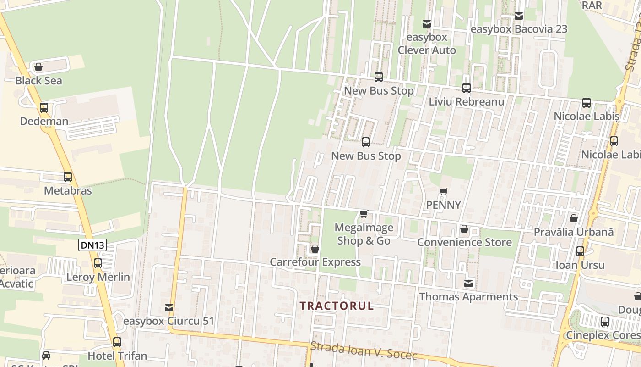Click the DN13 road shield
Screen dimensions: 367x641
click(x=92, y=245)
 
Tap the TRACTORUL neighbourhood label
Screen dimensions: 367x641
click(x=337, y=306)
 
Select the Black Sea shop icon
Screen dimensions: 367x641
click(x=38, y=67)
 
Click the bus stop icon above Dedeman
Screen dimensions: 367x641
click(x=44, y=108)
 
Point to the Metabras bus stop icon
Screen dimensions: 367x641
click(x=68, y=177)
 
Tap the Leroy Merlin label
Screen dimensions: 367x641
click(x=98, y=277)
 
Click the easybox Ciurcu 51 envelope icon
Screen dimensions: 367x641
click(x=169, y=307)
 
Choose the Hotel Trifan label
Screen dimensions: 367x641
click(x=117, y=356)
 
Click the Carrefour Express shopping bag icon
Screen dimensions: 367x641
click(x=315, y=249)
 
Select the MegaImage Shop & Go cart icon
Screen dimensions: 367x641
click(x=364, y=214)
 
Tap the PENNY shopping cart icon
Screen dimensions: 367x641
click(x=443, y=191)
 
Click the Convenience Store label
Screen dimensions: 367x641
click(x=464, y=242)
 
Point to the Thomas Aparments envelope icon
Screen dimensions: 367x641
click(x=468, y=283)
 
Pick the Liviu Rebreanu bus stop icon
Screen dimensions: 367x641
click(x=467, y=88)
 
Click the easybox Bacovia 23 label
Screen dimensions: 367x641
click(x=519, y=29)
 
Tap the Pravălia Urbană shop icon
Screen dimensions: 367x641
click(x=574, y=218)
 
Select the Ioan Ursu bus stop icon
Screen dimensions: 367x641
click(x=580, y=251)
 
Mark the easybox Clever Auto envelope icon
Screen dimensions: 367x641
click(x=427, y=23)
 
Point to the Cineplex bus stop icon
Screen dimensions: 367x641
click(x=605, y=322)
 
